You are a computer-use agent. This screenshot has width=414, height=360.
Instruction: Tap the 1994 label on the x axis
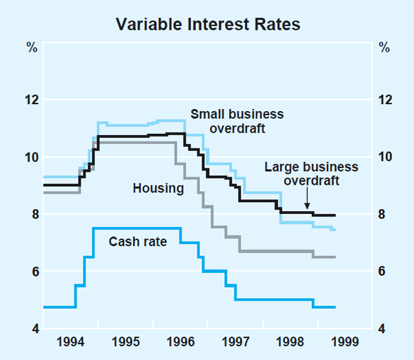click(x=71, y=341)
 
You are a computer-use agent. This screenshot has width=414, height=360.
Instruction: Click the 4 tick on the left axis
click(x=32, y=328)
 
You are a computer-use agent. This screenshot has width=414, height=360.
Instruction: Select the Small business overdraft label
click(x=237, y=121)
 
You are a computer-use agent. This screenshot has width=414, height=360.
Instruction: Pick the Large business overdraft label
click(x=311, y=174)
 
